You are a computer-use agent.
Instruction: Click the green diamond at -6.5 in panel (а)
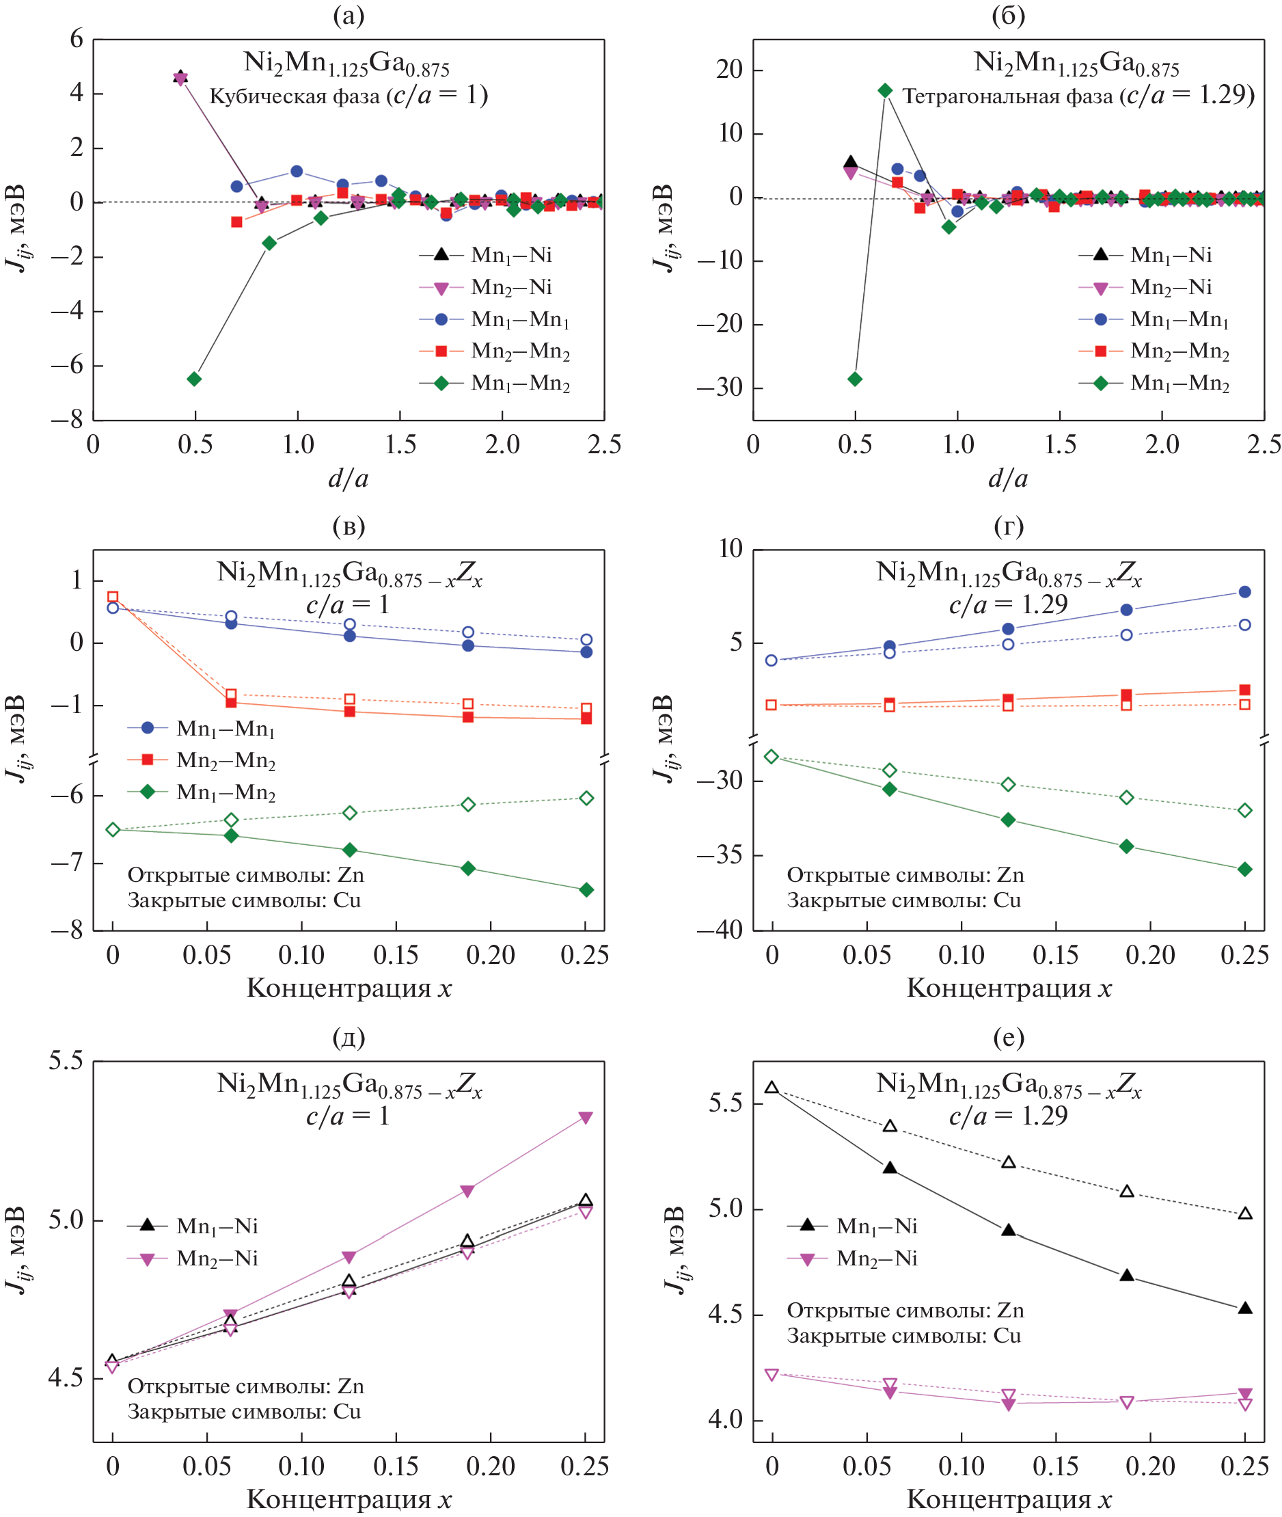[x=194, y=379]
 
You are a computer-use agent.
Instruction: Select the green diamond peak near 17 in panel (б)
[x=884, y=90]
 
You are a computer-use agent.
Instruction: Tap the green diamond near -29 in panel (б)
[x=855, y=379]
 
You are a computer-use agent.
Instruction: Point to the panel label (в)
[x=348, y=526]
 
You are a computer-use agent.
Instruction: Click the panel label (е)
[x=1008, y=1037]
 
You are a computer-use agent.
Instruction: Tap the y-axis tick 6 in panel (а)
[x=77, y=39]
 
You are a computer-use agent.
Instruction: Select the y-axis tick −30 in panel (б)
[x=720, y=387]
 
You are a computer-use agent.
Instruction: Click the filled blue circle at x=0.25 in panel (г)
[x=1244, y=591]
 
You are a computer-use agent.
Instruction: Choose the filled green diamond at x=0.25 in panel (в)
[x=586, y=889]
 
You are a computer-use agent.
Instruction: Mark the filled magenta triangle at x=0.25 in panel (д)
[x=586, y=1117]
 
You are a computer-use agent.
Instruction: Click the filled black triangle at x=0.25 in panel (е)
[x=1244, y=1308]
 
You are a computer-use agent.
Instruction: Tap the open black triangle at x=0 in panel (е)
[x=772, y=1088]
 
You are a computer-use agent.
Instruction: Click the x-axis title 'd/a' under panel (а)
[x=348, y=479]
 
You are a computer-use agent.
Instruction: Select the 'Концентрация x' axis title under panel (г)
[x=1008, y=988]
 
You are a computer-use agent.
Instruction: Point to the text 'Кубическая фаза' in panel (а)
[x=295, y=96]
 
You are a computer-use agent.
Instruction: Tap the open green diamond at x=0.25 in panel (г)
[x=1244, y=811]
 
